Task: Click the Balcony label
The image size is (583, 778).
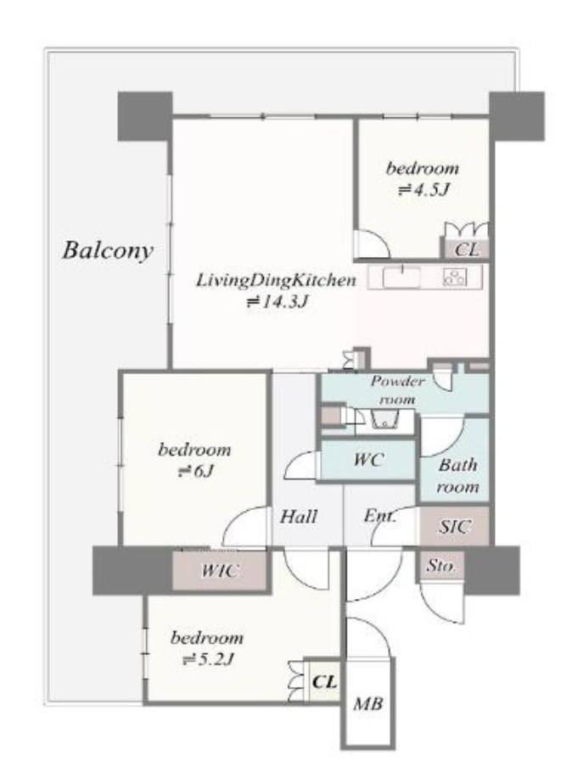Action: point(108,250)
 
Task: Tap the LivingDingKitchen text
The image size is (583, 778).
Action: point(277,281)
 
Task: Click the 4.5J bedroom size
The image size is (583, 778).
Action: point(424,190)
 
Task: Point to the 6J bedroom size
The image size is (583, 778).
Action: point(195,471)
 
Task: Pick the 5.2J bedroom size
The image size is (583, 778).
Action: point(208,659)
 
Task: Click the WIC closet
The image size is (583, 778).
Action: point(219,570)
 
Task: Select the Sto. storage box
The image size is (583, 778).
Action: point(441,565)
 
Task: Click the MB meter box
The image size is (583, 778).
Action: point(368,703)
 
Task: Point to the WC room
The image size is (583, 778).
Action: point(368,460)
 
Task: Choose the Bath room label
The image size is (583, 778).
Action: point(457,476)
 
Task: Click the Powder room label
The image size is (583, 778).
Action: point(397,390)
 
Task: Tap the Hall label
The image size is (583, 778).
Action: point(298,517)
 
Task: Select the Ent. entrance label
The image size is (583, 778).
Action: point(380,516)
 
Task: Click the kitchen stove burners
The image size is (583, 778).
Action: point(455,277)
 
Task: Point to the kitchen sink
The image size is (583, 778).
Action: point(401,277)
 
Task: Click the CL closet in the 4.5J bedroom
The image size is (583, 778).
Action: point(467,249)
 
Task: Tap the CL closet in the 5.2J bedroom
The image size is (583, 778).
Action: point(323,681)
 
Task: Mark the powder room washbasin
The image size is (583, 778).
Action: point(385,420)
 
